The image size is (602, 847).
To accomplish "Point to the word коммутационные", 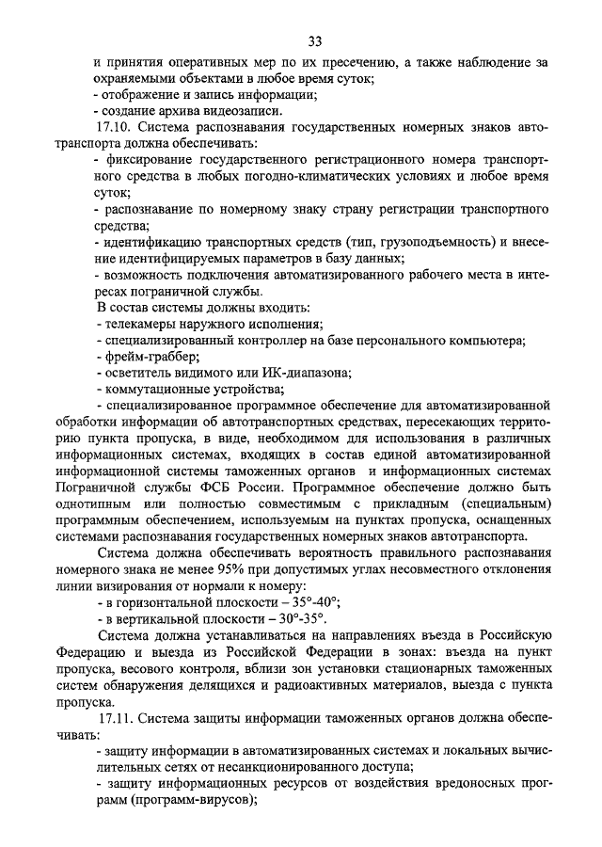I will click(153, 391).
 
